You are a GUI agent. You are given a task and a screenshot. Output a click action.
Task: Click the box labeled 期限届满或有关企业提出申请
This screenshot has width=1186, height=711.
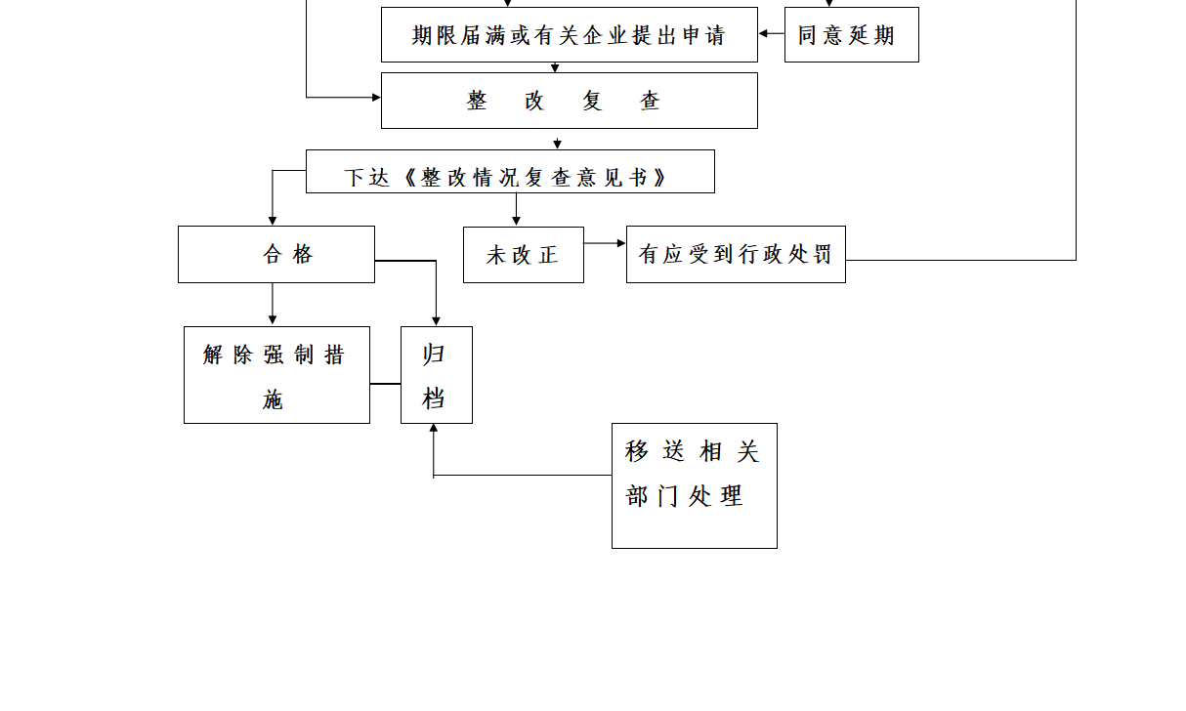coord(570,34)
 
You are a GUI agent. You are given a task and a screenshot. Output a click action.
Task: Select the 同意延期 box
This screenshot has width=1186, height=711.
coord(851,34)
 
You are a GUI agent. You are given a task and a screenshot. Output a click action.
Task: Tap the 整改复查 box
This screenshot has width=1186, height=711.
coord(570,101)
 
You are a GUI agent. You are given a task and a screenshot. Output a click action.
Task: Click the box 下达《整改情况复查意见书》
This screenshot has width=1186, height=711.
coord(510,172)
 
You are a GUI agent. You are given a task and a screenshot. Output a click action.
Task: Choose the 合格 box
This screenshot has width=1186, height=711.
coord(276,255)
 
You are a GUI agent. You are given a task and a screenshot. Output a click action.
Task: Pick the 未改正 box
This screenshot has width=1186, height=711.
coord(523,255)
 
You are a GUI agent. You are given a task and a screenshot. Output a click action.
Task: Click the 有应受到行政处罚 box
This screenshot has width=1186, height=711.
coord(736,255)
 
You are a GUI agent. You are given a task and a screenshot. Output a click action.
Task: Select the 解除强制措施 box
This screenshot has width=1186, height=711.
coord(276,375)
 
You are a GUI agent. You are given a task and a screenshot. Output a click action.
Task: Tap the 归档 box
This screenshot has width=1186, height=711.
coord(437,375)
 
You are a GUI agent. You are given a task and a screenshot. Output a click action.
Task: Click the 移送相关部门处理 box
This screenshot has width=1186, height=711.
coord(695,485)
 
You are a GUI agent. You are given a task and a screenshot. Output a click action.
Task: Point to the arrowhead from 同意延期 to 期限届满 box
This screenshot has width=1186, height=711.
coord(763,33)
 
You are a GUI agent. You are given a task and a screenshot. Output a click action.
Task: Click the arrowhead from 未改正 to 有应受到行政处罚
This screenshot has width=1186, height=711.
coord(621,243)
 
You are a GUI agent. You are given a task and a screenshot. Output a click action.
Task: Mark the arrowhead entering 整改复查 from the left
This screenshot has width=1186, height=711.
coord(376,98)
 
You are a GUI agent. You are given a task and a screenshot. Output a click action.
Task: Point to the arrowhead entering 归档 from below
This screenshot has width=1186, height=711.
coord(434,428)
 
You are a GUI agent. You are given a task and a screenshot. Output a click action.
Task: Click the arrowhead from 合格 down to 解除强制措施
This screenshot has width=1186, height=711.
coord(273,320)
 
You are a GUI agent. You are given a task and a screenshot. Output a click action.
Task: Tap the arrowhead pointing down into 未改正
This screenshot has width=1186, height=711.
coord(516,221)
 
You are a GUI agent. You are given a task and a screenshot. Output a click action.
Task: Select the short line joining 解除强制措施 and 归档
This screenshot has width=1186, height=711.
coord(386,383)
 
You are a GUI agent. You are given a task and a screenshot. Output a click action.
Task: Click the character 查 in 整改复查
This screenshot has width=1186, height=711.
coord(650,101)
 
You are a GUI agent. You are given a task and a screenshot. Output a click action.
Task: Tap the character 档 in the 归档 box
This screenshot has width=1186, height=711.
coord(433,398)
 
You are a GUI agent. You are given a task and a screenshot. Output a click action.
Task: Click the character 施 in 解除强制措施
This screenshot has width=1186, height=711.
coord(273,399)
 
